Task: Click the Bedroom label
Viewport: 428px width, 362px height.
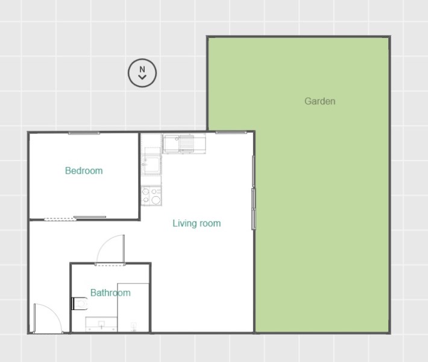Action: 84,171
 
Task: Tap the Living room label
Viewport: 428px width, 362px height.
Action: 197,223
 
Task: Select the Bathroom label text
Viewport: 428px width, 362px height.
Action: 110,293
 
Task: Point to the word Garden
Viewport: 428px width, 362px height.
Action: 320,101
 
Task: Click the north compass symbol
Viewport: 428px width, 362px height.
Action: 142,73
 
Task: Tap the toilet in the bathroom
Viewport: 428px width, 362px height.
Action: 80,303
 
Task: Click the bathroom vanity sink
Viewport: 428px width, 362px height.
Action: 101,325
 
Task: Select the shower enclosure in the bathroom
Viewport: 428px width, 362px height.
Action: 133,307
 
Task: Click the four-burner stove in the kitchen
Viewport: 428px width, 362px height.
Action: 151,195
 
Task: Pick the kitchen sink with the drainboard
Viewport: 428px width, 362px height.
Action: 184,144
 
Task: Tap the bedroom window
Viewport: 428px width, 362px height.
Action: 84,133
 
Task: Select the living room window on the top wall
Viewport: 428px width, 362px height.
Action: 231,133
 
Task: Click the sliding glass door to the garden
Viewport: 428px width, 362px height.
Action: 253,192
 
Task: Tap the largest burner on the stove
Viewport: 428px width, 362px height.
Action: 156,200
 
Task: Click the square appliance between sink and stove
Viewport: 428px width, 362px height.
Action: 151,165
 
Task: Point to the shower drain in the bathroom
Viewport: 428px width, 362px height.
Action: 133,326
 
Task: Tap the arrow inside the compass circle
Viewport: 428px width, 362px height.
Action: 142,77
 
